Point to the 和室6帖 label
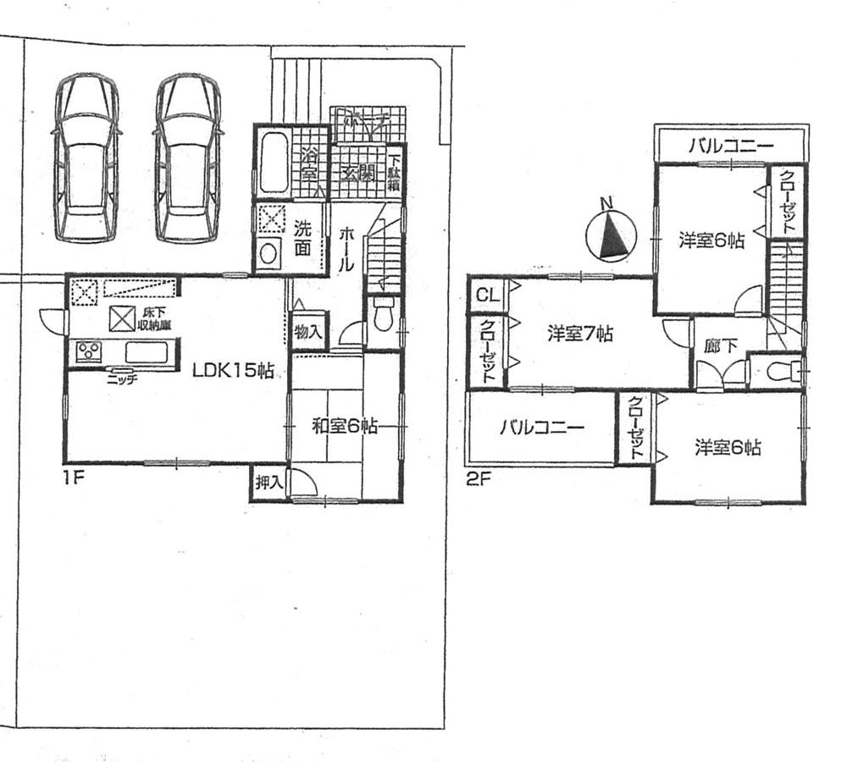tap(344, 427)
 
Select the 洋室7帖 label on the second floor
tap(579, 334)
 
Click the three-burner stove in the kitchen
tap(89, 351)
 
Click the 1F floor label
tap(73, 478)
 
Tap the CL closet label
tap(486, 295)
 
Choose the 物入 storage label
tap(307, 331)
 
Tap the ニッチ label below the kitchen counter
tap(123, 380)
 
